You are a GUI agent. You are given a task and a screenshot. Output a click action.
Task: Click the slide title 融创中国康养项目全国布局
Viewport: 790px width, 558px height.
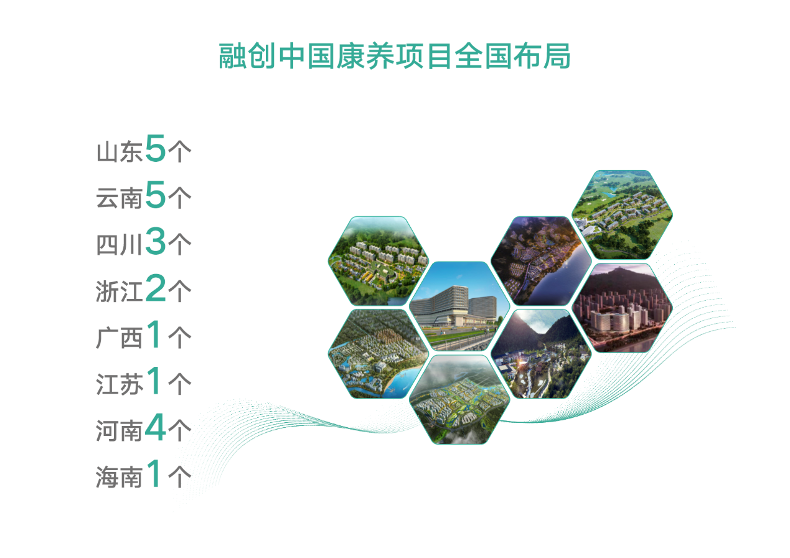pyautogui.click(x=394, y=55)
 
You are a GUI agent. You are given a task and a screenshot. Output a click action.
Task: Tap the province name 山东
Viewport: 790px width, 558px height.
pyautogui.click(x=119, y=152)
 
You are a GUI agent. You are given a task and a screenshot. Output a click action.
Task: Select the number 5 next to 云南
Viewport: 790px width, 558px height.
pyautogui.click(x=155, y=194)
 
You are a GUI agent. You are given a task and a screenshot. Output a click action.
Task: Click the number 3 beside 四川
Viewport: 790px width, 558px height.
pyautogui.click(x=155, y=241)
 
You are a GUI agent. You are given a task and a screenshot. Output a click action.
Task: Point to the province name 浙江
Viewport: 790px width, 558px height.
pyautogui.click(x=119, y=291)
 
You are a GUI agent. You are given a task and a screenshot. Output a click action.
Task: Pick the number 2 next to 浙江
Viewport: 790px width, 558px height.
pyautogui.click(x=155, y=288)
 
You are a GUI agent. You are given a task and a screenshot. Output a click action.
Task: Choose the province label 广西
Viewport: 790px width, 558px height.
pyautogui.click(x=119, y=338)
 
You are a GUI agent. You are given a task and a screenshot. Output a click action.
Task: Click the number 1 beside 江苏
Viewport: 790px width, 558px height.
pyautogui.click(x=154, y=381)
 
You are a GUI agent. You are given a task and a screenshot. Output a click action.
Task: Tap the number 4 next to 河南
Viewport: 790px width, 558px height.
pyautogui.click(x=155, y=427)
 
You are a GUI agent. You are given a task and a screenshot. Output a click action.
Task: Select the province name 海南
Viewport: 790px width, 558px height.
pyautogui.click(x=119, y=477)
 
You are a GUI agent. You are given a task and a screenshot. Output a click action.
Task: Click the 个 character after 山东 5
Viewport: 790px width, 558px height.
pyautogui.click(x=179, y=152)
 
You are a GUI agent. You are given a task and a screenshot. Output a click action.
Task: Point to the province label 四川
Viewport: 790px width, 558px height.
pyautogui.click(x=119, y=245)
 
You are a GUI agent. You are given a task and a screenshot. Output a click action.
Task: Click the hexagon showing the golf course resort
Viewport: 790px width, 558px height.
pyautogui.click(x=622, y=215)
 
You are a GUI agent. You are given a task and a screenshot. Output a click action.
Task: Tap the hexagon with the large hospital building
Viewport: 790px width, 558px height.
pyautogui.click(x=459, y=306)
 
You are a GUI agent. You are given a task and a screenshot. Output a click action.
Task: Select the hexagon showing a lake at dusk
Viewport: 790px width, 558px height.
pyautogui.click(x=541, y=261)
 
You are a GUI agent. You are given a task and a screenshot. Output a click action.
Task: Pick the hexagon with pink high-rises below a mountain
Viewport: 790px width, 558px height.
pyautogui.click(x=622, y=308)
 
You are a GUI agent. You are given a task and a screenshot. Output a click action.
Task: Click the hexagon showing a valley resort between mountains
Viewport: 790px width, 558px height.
pyautogui.click(x=541, y=354)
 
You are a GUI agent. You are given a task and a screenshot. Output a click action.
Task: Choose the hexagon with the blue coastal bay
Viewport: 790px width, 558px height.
pyautogui.click(x=379, y=354)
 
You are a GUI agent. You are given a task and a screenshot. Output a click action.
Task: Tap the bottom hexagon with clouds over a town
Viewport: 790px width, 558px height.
pyautogui.click(x=459, y=400)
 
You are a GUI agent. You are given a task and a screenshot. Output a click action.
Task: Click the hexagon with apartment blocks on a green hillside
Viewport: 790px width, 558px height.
pyautogui.click(x=379, y=261)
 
